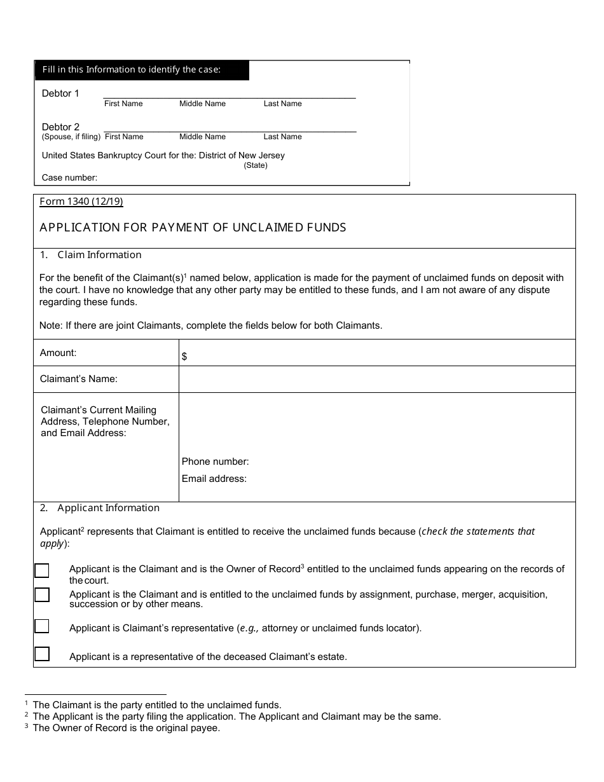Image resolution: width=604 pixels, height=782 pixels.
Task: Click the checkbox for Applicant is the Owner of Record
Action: click(x=42, y=570)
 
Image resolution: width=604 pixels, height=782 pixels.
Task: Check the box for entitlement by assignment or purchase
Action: click(x=42, y=595)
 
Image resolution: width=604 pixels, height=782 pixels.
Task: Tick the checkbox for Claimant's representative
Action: click(x=42, y=627)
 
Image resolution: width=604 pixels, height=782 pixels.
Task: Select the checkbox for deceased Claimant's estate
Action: click(x=42, y=654)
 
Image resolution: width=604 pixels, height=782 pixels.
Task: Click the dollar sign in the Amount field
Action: click(x=184, y=357)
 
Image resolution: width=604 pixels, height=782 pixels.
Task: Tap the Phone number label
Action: click(x=215, y=462)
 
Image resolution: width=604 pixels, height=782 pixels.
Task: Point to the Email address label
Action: click(x=214, y=479)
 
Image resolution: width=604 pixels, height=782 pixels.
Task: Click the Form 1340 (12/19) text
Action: click(x=81, y=202)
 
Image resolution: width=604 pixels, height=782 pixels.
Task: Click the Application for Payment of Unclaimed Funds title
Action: click(x=193, y=228)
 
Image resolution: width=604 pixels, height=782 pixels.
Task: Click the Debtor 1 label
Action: click(x=60, y=93)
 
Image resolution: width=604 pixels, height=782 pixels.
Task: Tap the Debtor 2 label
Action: click(x=60, y=127)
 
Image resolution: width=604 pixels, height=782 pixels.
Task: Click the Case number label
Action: click(x=69, y=178)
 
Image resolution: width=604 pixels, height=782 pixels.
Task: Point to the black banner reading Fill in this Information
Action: click(x=141, y=70)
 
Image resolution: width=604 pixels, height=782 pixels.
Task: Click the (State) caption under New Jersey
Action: click(x=256, y=165)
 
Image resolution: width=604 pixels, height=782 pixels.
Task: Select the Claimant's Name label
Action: click(x=78, y=379)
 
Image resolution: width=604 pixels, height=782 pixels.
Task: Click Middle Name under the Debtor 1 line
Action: click(x=202, y=104)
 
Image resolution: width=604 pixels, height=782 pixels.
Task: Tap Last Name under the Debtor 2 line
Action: click(x=282, y=137)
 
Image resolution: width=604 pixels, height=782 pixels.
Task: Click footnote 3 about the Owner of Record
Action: click(x=126, y=728)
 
